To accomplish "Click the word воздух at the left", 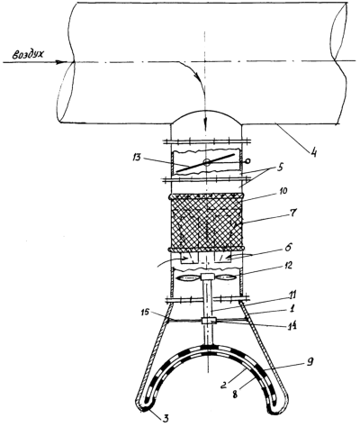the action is (x=28, y=55).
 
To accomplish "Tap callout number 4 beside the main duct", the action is (x=313, y=152).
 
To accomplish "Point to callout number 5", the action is (x=280, y=167).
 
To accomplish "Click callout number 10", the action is (x=282, y=191).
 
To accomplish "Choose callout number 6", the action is (x=288, y=249).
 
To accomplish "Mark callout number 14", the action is (x=292, y=325).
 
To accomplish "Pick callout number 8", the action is (x=234, y=395).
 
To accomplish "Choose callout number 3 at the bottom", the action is (x=166, y=418).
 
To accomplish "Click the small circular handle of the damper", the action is (x=247, y=161).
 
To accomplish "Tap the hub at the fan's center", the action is (x=207, y=277).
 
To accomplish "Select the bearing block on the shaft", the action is (x=207, y=321).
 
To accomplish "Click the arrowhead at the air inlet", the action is (x=62, y=62).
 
